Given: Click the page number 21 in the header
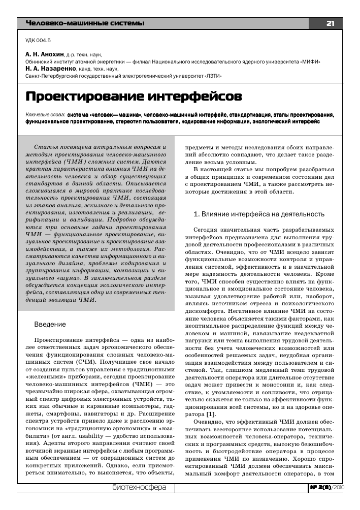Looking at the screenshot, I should [330, 23].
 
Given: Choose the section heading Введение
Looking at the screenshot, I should [49, 324].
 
